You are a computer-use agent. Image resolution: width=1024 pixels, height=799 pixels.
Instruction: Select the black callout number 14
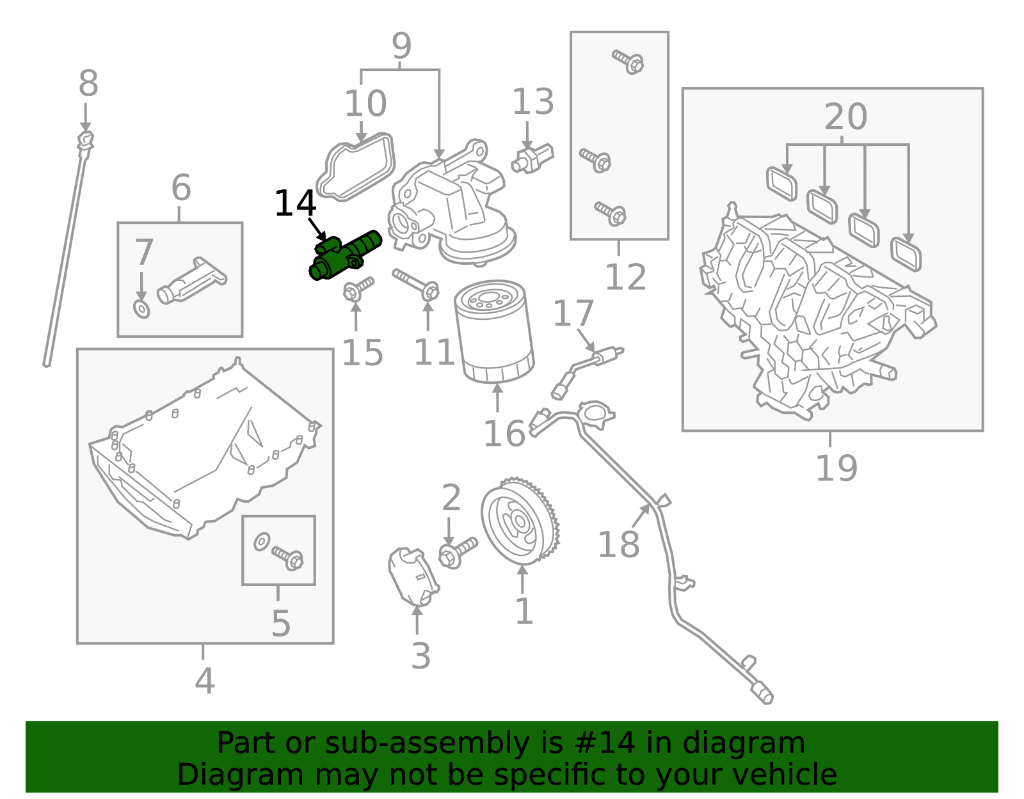[x=295, y=204]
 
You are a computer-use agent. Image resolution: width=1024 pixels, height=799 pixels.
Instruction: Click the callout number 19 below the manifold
[x=836, y=468]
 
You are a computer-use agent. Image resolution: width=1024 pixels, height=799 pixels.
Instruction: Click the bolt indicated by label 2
[x=458, y=552]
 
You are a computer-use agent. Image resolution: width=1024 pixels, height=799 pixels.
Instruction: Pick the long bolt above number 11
[x=416, y=284]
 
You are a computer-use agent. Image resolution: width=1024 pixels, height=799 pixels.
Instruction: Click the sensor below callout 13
[x=532, y=157]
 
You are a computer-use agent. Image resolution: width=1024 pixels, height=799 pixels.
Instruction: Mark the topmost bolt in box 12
[x=628, y=61]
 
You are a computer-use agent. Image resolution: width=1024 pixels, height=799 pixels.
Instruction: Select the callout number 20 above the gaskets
[x=845, y=117]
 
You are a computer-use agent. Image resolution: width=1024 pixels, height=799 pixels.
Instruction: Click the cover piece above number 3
[x=412, y=576]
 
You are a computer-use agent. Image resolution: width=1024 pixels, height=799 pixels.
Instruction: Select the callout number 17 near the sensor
[x=573, y=314]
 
